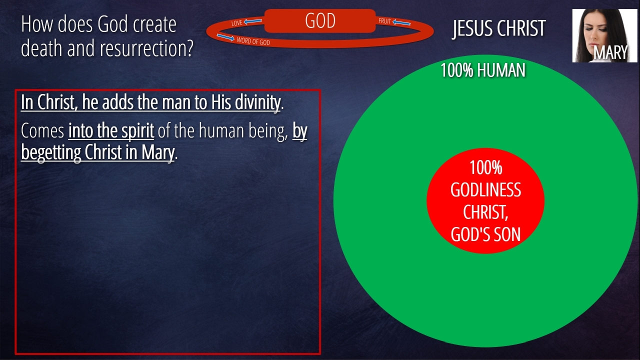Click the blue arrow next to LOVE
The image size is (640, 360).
tap(252, 21)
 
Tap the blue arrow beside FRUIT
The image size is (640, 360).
tap(401, 22)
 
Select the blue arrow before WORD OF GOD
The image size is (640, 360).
tap(225, 37)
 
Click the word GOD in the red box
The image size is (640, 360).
tap(320, 21)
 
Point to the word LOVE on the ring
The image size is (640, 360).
tap(237, 23)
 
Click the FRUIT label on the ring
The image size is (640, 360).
tap(384, 21)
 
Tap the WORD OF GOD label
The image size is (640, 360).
tap(253, 41)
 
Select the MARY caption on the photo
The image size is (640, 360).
tap(610, 52)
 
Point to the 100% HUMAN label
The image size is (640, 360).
tap(483, 70)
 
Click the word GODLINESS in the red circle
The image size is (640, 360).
tap(485, 189)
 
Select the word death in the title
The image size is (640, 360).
tap(41, 47)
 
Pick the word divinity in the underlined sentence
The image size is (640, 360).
tap(257, 102)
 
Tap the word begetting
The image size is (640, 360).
tap(51, 153)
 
